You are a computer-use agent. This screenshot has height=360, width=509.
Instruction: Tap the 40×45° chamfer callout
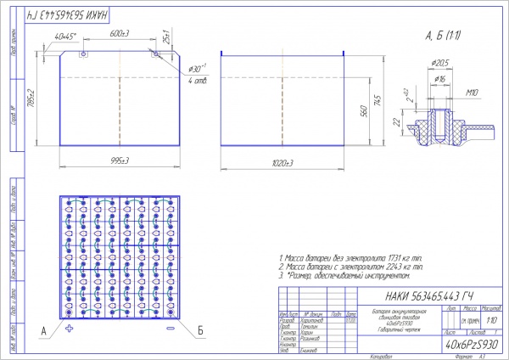pos(65,36)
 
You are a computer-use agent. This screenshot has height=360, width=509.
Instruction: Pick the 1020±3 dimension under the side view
pos(282,161)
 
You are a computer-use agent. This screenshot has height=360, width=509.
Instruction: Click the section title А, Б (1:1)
pos(443,36)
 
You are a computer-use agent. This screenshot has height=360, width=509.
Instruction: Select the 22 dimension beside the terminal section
pos(398,121)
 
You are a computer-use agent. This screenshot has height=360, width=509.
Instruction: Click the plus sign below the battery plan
pos(70,328)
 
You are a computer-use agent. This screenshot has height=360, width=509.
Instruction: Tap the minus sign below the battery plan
pos(171,328)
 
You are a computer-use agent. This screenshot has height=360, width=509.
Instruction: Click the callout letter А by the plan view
pos(42,328)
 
